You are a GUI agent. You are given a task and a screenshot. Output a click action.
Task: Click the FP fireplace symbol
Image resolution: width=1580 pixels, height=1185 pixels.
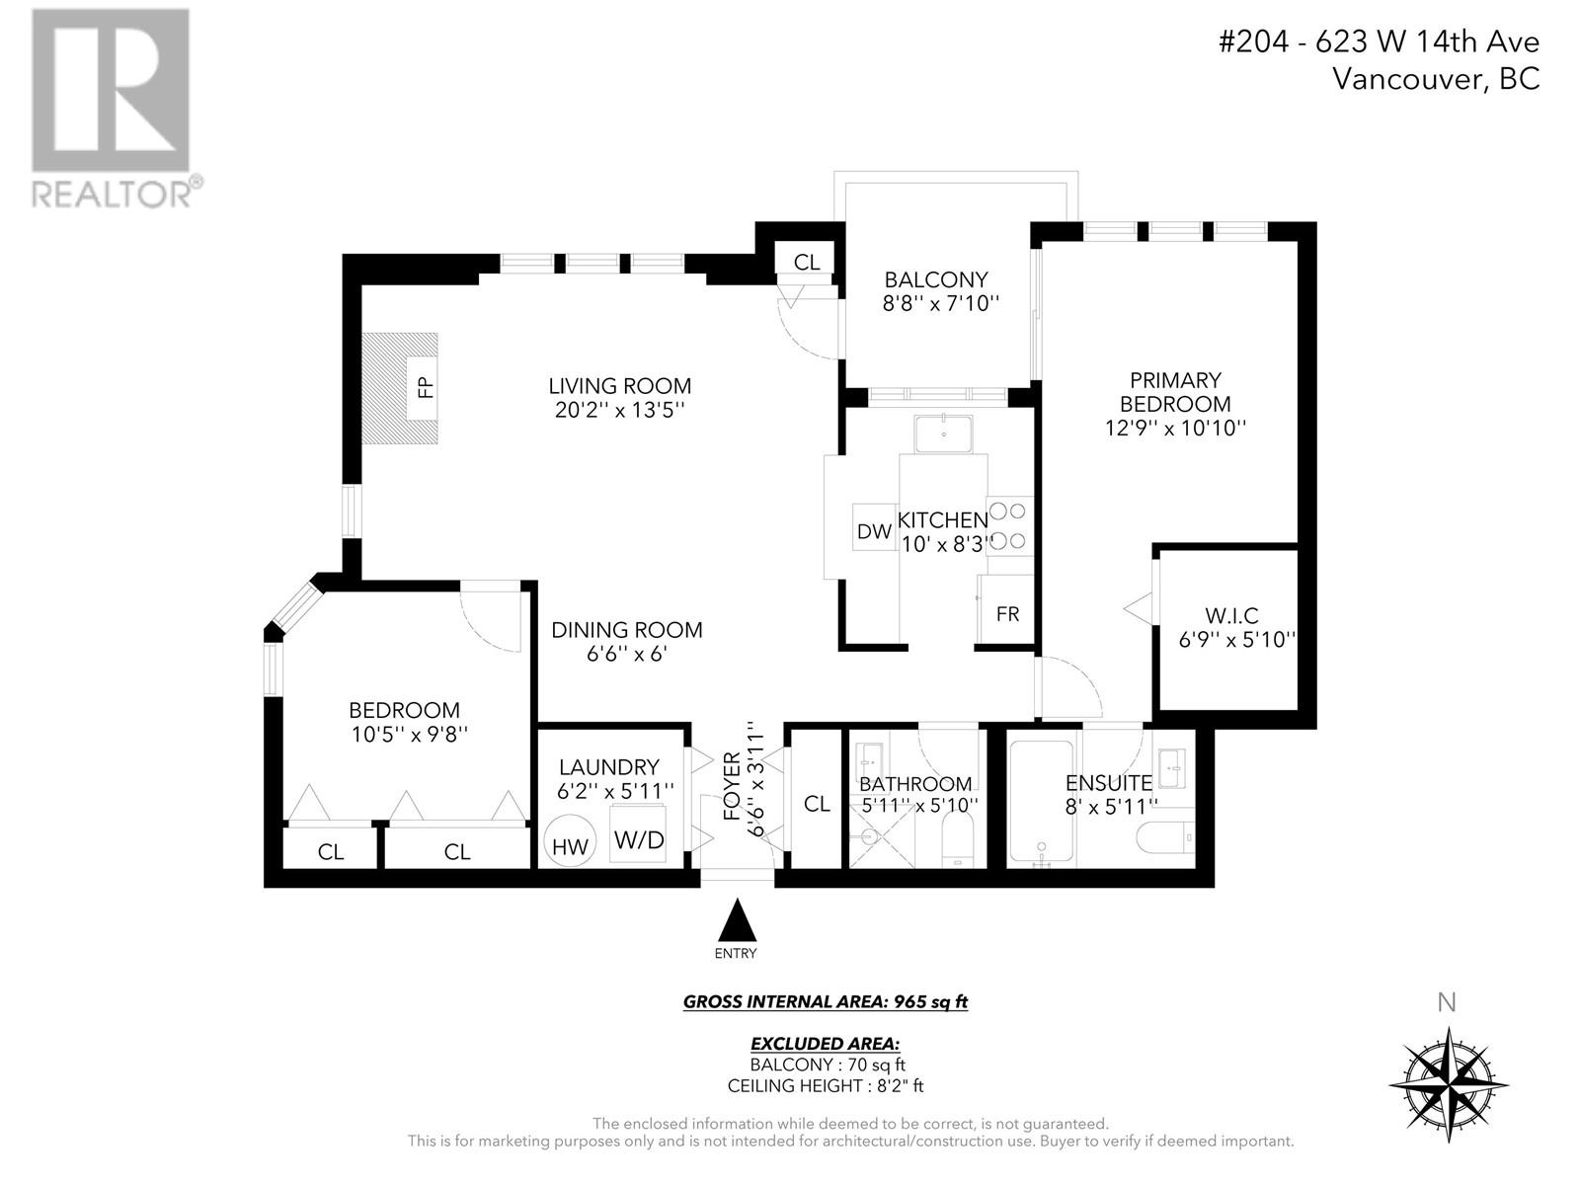click(426, 386)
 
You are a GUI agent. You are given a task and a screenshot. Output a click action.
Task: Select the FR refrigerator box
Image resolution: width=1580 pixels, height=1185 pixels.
click(1007, 614)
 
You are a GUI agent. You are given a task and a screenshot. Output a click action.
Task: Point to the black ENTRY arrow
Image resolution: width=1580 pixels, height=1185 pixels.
click(736, 920)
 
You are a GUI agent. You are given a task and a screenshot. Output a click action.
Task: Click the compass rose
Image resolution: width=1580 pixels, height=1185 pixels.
click(1448, 1083)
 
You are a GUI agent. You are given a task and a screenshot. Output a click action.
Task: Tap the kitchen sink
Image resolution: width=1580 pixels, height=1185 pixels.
click(943, 434)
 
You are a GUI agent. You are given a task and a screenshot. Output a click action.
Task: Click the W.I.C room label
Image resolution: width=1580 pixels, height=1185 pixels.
click(1231, 616)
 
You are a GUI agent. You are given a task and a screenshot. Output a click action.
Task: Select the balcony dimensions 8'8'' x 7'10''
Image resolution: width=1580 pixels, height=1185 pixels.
click(941, 304)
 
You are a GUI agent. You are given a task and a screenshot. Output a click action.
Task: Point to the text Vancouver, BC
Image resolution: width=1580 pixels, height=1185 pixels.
click(1436, 79)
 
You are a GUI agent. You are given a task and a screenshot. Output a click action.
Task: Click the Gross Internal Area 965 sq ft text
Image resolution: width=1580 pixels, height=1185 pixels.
click(825, 1002)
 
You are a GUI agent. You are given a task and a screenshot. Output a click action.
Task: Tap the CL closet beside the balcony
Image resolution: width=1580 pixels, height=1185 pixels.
click(807, 262)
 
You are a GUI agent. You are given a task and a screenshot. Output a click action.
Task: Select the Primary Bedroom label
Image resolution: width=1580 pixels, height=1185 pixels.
click(1175, 392)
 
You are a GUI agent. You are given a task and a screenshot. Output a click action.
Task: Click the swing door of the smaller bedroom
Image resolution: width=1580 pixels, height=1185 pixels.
click(491, 620)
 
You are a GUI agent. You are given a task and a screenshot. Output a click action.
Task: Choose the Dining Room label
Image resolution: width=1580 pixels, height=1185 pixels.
click(626, 630)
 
